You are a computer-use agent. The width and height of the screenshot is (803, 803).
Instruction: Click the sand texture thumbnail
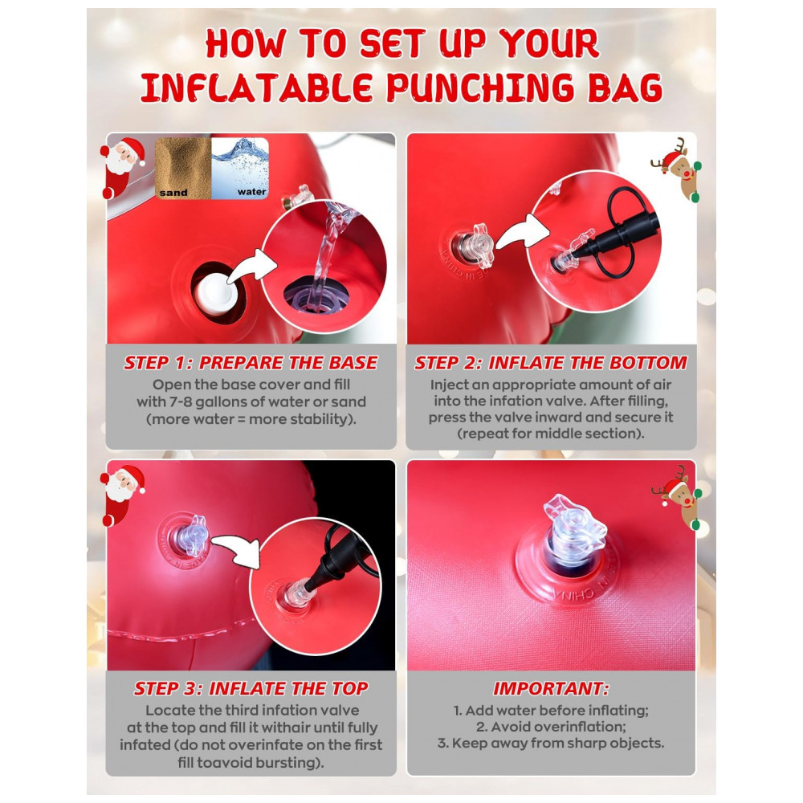pyautogui.click(x=183, y=168)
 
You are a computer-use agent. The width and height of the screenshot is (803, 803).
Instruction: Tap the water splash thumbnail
pyautogui.click(x=239, y=168)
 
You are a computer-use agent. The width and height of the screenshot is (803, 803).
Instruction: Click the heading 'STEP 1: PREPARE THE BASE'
pyautogui.click(x=251, y=363)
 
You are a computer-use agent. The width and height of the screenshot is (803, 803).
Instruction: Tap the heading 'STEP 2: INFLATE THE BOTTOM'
pyautogui.click(x=551, y=363)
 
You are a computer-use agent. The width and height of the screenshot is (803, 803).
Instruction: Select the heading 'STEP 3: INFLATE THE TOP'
pyautogui.click(x=251, y=688)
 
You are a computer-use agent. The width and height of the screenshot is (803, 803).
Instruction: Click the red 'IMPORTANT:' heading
pyautogui.click(x=551, y=688)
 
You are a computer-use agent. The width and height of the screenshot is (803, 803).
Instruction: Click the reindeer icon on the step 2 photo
pyautogui.click(x=677, y=169)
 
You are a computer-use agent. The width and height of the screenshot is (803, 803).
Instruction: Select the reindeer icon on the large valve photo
pyautogui.click(x=677, y=498)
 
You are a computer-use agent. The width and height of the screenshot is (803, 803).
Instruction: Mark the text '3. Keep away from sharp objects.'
pyautogui.click(x=551, y=743)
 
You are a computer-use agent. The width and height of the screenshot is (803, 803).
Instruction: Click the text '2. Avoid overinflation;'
pyautogui.click(x=551, y=727)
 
